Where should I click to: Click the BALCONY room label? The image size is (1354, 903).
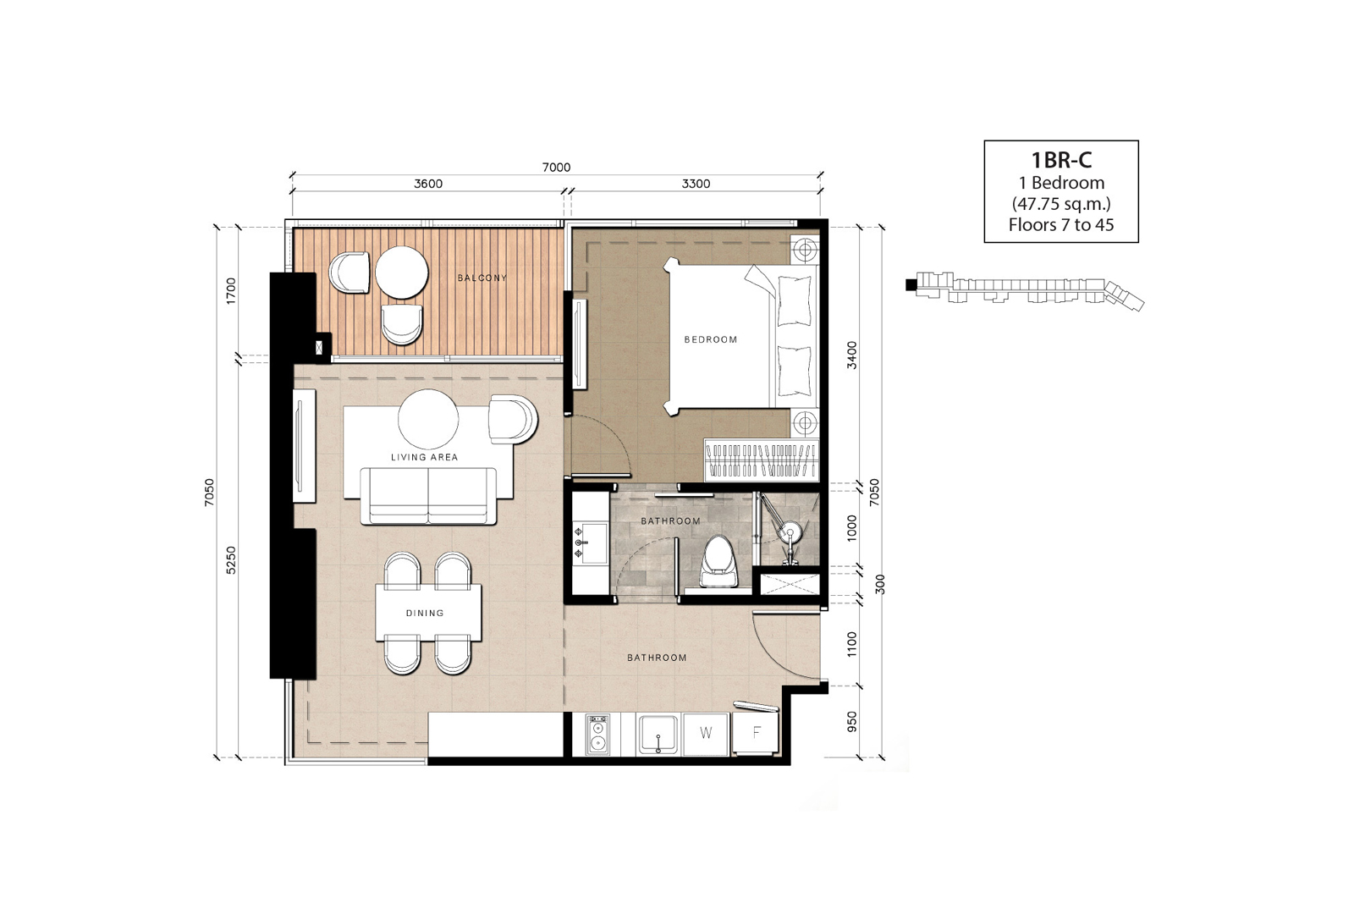(x=482, y=278)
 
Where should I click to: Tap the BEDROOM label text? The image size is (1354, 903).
(x=711, y=339)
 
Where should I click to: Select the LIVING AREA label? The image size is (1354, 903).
(x=424, y=458)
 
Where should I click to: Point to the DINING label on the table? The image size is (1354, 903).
(x=425, y=613)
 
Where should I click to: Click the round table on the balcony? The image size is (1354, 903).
(x=402, y=272)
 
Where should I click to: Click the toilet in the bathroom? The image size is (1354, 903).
(x=718, y=561)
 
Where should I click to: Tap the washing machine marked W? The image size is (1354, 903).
(x=706, y=734)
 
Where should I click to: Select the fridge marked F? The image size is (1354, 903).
(x=756, y=733)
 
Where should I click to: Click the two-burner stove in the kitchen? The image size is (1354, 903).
(x=597, y=735)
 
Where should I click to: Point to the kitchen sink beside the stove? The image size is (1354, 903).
(x=658, y=735)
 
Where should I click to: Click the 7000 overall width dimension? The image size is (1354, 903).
(x=556, y=168)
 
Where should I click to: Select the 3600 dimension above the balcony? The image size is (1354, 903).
(x=428, y=184)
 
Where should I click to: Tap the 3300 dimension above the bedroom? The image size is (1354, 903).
(x=696, y=184)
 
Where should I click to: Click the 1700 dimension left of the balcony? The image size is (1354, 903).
(x=231, y=291)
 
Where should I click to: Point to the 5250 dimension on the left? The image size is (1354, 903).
(x=231, y=560)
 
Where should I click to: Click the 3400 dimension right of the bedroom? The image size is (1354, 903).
(x=851, y=355)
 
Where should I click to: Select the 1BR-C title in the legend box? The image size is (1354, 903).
(x=1061, y=160)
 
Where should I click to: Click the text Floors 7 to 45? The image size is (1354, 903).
(x=1061, y=225)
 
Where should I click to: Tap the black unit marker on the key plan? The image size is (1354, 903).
(x=911, y=284)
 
